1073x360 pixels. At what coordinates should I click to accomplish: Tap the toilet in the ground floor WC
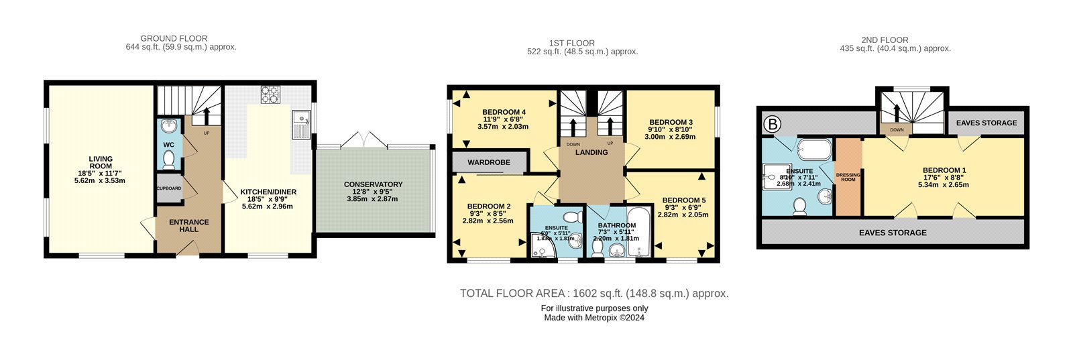[169, 160]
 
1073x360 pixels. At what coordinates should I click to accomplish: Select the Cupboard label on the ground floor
[169, 188]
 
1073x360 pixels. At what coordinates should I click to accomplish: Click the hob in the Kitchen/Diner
[270, 95]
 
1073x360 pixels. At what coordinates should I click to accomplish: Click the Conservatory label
[373, 184]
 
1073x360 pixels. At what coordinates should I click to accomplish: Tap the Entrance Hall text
[188, 225]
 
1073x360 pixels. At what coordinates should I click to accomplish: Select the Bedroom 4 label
[503, 112]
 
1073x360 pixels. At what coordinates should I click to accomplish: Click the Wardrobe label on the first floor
[489, 162]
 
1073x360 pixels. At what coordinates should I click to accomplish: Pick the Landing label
[591, 152]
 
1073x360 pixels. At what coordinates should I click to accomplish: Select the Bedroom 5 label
[683, 200]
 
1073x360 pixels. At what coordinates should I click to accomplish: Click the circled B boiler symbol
[773, 123]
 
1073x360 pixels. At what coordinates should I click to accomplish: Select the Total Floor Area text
[594, 293]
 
